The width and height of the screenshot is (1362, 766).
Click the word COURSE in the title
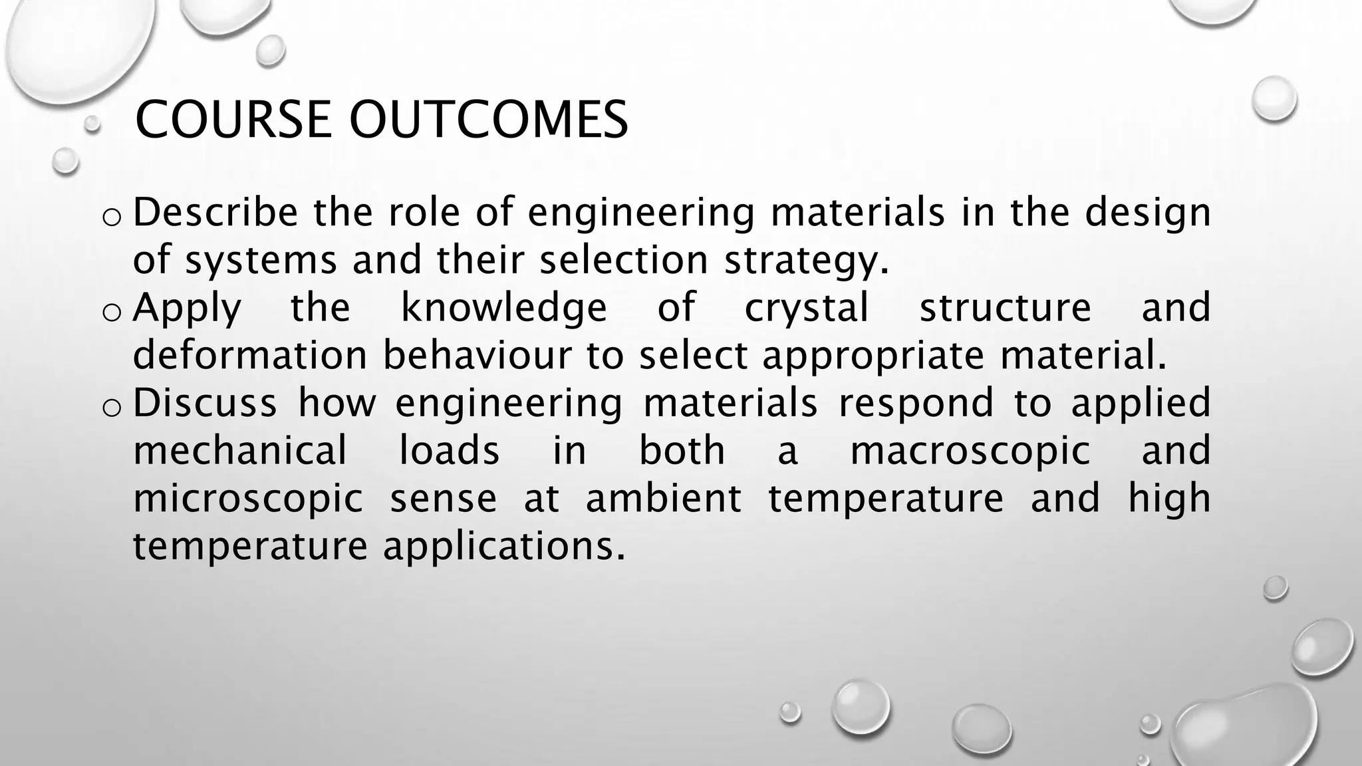pyautogui.click(x=233, y=120)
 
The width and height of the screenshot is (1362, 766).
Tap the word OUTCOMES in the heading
pyautogui.click(x=489, y=120)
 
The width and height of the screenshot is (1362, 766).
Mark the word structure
pyautogui.click(x=1005, y=309)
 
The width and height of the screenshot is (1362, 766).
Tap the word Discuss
pyautogui.click(x=205, y=403)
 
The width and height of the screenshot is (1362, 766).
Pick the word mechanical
pyautogui.click(x=240, y=451)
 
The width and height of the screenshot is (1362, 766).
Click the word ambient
pyautogui.click(x=663, y=499)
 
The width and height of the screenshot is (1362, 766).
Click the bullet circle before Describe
pyautogui.click(x=112, y=217)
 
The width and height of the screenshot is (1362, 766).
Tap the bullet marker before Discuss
pyautogui.click(x=112, y=408)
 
